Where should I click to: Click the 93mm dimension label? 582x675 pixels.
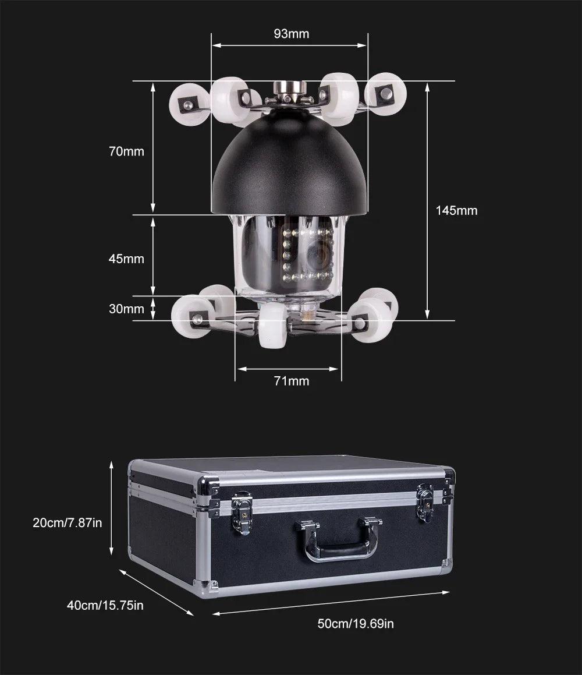(291, 34)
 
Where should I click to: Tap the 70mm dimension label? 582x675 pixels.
(126, 151)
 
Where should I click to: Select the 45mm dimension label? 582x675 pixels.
(126, 259)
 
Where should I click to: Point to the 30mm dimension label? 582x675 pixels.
(126, 309)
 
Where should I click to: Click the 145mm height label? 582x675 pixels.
(456, 210)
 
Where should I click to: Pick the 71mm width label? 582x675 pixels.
(291, 381)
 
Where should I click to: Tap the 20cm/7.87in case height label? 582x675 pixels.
(68, 522)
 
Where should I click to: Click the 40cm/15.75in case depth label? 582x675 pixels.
(105, 605)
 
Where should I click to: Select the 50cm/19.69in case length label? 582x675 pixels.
(356, 623)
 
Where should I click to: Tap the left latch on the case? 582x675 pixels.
(242, 513)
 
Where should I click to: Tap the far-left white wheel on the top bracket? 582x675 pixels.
(189, 105)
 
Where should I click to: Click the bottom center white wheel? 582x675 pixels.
(272, 326)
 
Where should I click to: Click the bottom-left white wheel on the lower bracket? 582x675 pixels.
(193, 316)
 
